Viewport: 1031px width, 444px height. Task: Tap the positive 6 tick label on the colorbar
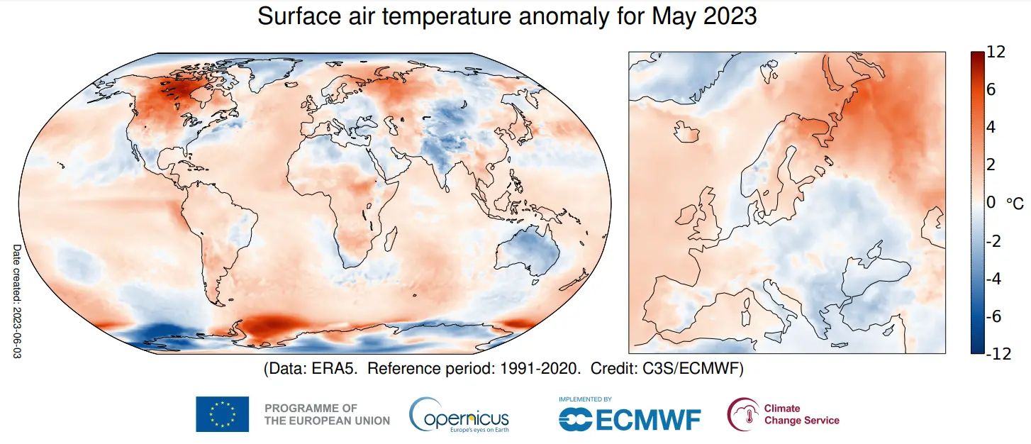(x=991, y=90)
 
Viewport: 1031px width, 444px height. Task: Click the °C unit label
(x=1015, y=204)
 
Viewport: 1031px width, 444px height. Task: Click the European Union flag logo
(x=222, y=414)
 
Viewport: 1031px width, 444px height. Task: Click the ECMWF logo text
(x=630, y=418)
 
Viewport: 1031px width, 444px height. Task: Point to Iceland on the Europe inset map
(x=686, y=132)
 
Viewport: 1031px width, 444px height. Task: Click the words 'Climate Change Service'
(x=801, y=414)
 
